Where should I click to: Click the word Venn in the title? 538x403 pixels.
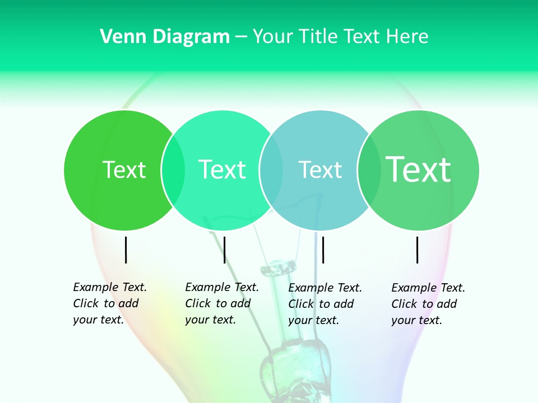(118, 37)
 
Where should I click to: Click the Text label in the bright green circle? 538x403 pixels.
(124, 170)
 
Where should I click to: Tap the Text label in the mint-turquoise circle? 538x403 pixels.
(222, 170)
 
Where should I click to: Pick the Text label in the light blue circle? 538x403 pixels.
(320, 170)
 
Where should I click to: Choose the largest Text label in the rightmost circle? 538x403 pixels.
(418, 169)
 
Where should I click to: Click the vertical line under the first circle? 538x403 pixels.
(126, 250)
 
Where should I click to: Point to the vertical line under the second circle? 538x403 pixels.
(224, 250)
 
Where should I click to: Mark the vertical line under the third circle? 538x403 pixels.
(323, 250)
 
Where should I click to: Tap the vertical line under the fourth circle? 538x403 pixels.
(418, 250)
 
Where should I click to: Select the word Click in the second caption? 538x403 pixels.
(198, 303)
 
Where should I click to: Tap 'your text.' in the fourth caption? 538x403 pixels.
(416, 320)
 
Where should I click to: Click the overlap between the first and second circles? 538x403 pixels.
(173, 170)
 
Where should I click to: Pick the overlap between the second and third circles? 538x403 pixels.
(271, 170)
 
